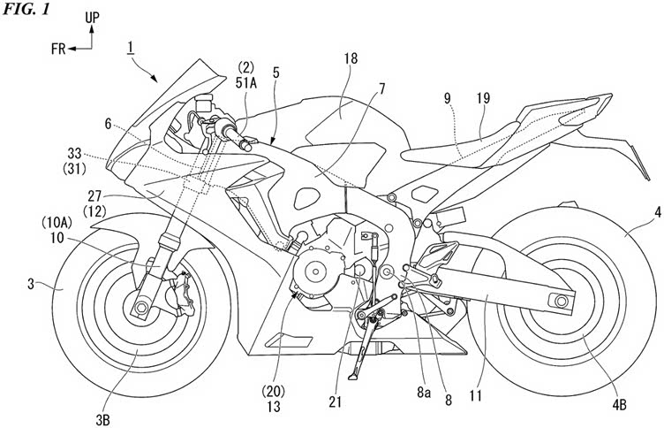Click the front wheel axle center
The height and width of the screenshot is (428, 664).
pyautogui.click(x=140, y=310)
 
